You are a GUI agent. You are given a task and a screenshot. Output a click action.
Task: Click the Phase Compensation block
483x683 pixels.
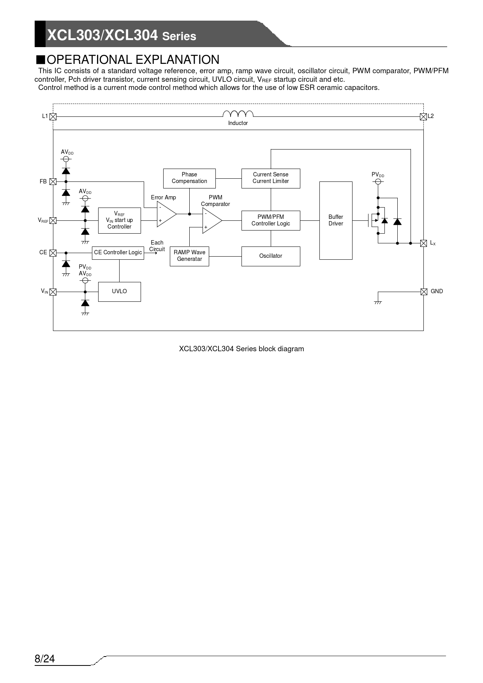[x=189, y=178]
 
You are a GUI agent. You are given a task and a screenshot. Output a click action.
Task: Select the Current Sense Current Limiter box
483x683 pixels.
[x=271, y=178]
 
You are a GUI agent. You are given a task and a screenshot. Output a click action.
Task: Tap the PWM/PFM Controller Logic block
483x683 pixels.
[x=271, y=220]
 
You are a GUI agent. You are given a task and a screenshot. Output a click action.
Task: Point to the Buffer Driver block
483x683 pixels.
[x=336, y=220]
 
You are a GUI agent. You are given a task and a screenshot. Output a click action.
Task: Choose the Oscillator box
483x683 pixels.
[x=271, y=256]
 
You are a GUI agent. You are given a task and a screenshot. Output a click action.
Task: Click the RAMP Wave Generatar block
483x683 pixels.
[x=189, y=256]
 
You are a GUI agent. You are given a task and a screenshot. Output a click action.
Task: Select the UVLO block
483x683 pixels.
[x=119, y=292]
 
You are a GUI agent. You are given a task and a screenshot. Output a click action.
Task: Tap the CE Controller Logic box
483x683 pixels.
[x=118, y=253]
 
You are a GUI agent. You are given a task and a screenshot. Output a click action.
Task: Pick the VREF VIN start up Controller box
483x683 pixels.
[x=119, y=220]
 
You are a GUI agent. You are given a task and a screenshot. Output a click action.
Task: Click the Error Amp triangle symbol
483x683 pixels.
[x=166, y=214]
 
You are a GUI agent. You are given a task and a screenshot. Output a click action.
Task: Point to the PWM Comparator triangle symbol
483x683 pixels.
[x=211, y=220]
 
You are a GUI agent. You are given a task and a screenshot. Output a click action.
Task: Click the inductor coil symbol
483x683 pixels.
[x=238, y=114]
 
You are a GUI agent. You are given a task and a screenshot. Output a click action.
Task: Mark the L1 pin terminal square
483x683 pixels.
[x=53, y=116]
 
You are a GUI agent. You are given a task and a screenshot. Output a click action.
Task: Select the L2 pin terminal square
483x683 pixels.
[x=423, y=116]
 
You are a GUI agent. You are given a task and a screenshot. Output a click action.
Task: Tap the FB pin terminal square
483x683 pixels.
[x=53, y=181]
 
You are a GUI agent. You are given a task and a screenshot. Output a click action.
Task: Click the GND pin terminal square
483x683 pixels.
[x=424, y=292]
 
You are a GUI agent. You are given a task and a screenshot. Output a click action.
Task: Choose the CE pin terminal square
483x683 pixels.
[x=53, y=253]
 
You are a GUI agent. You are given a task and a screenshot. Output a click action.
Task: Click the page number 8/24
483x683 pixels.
[x=45, y=659]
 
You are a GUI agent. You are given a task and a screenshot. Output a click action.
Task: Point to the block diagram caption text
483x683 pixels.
[x=241, y=349]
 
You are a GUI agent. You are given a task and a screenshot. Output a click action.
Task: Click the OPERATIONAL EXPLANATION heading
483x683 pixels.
[x=133, y=60]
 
